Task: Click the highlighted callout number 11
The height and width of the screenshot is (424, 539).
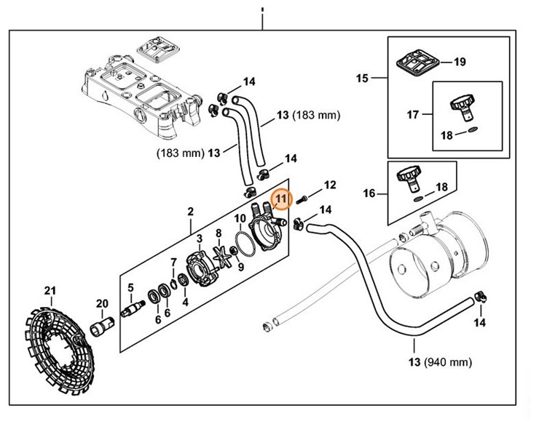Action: point(281,199)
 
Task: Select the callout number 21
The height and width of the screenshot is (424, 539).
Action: point(50,292)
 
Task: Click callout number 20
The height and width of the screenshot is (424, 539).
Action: point(102,303)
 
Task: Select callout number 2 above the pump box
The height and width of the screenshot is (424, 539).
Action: point(190,212)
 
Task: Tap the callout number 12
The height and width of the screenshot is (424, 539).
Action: point(329,185)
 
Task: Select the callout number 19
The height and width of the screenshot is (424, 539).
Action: point(459,62)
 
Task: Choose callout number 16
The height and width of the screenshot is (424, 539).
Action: point(370,193)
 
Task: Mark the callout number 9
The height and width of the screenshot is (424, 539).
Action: point(241,267)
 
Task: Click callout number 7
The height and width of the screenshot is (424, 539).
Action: point(173,262)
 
